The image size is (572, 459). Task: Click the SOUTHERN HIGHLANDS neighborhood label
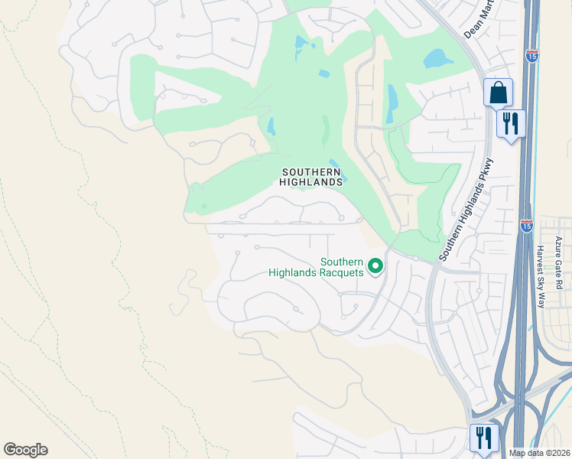[x=310, y=177]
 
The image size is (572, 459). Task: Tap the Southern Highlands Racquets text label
[x=316, y=267]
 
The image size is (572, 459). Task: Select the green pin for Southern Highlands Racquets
[x=375, y=266]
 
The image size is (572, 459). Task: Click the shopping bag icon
[x=498, y=93]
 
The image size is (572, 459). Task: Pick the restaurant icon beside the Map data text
[x=484, y=438]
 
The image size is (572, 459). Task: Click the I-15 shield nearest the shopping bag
[x=531, y=56]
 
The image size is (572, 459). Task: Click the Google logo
[x=25, y=450]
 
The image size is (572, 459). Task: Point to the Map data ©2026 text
[x=539, y=452]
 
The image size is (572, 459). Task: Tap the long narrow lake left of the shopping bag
[x=392, y=103]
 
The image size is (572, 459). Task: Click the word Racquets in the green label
[x=340, y=272]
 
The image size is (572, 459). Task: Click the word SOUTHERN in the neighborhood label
[x=310, y=171]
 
